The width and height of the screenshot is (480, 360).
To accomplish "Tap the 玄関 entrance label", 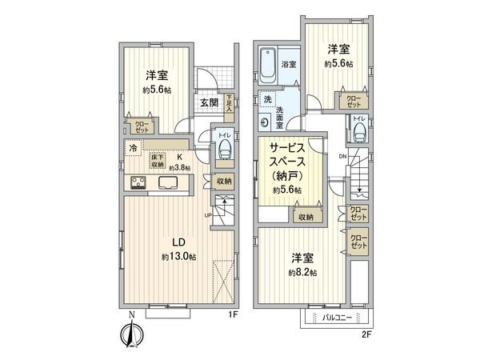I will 210,102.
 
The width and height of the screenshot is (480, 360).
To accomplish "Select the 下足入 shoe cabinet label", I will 230,102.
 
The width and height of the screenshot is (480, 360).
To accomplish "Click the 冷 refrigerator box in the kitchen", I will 131,147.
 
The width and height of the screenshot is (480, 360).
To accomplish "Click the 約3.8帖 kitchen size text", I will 182,169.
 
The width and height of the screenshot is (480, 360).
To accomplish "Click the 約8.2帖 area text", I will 304,273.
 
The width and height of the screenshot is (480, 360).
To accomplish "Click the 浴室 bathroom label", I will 289,63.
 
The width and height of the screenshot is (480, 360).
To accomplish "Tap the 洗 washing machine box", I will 267,99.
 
